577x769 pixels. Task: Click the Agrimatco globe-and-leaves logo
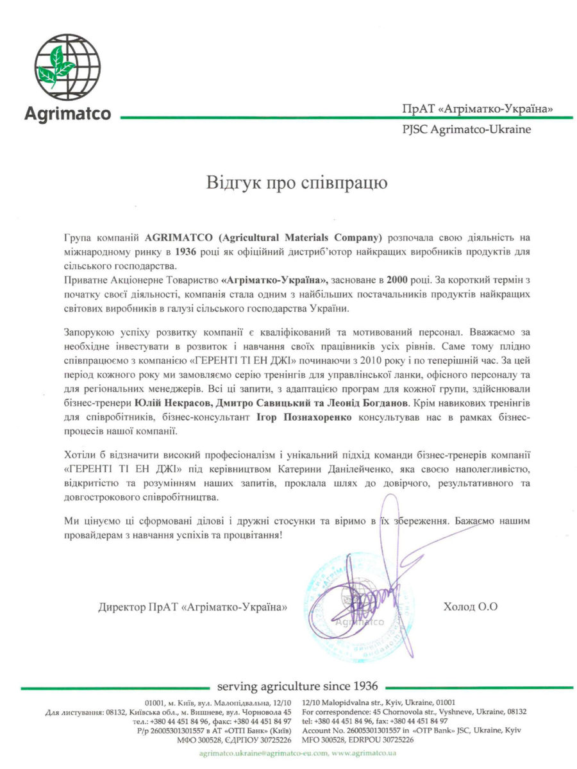coord(68,68)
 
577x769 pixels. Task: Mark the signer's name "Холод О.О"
coord(470,606)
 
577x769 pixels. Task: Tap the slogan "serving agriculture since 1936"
coord(297,686)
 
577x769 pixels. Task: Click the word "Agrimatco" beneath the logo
coord(67,114)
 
